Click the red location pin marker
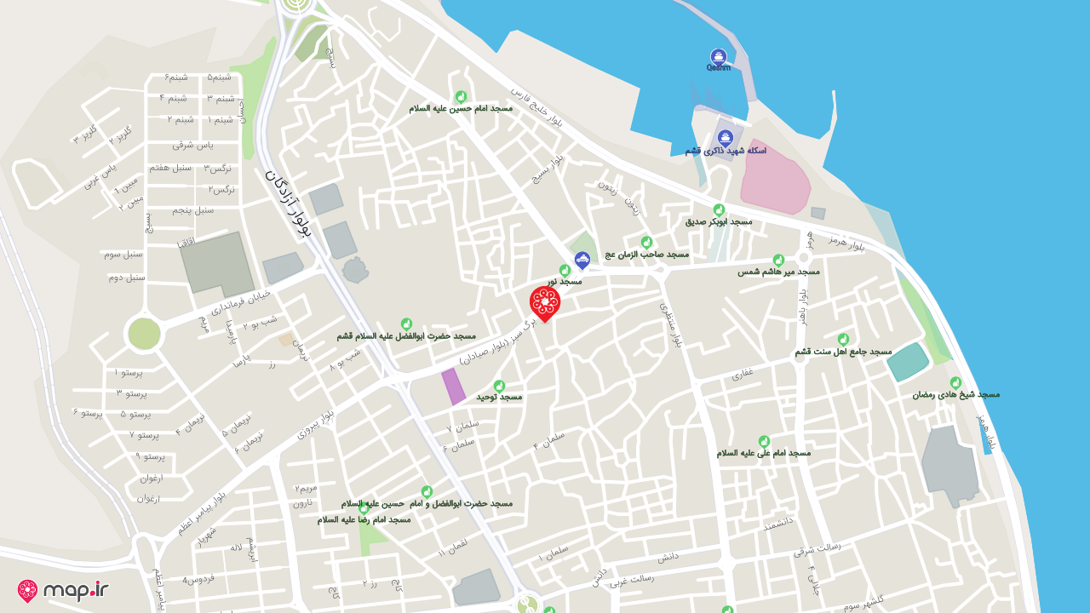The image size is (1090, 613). [x=545, y=303]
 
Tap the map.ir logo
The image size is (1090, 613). [x=63, y=590]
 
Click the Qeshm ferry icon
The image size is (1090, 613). [x=718, y=56]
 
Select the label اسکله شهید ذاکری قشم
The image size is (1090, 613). [x=726, y=151]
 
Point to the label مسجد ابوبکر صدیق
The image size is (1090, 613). [x=719, y=221]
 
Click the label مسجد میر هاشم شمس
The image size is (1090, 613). [x=778, y=272]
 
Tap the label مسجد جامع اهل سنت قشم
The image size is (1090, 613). [x=843, y=352]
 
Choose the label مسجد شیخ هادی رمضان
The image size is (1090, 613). [x=955, y=394]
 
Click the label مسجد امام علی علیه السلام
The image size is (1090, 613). [x=763, y=453]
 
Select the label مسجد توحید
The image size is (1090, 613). [x=498, y=397]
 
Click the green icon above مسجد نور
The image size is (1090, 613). [x=565, y=270]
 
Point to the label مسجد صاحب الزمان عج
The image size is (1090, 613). [x=646, y=254]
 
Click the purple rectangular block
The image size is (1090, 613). [x=453, y=387]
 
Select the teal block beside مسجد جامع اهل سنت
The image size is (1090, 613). [x=909, y=362]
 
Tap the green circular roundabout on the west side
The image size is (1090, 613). [x=143, y=333]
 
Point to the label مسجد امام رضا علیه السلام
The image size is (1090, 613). [x=364, y=518]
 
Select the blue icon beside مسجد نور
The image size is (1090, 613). [x=582, y=260]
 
